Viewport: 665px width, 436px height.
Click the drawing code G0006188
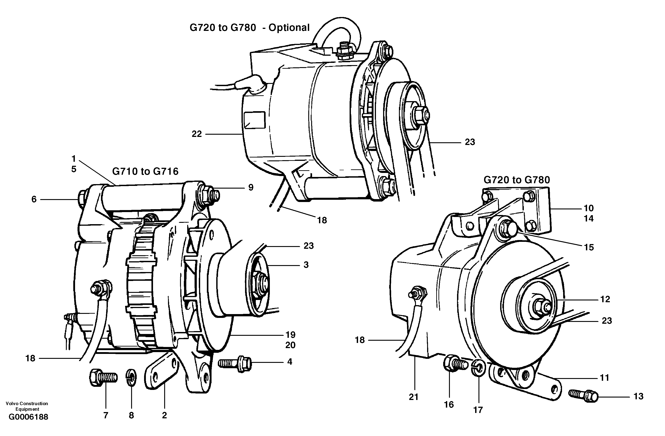[28, 417]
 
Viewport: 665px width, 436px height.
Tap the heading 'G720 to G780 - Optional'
[249, 28]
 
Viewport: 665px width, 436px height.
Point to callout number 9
[251, 187]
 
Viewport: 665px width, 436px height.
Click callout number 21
[413, 397]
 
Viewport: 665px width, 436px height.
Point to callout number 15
[589, 247]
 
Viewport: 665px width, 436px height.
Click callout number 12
[605, 299]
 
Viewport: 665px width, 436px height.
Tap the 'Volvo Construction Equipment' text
[27, 406]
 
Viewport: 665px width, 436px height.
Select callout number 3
[306, 265]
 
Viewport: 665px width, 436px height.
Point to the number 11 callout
[604, 378]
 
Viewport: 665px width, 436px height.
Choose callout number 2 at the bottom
[164, 415]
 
